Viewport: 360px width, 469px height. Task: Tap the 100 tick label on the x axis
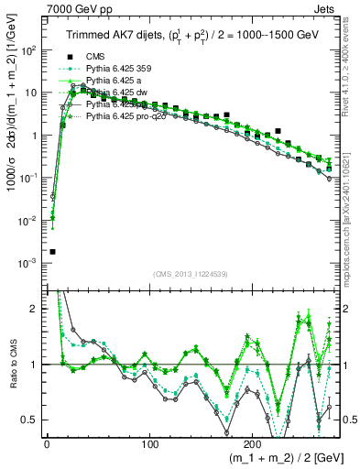(149, 444)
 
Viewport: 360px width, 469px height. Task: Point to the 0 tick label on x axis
(46, 444)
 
